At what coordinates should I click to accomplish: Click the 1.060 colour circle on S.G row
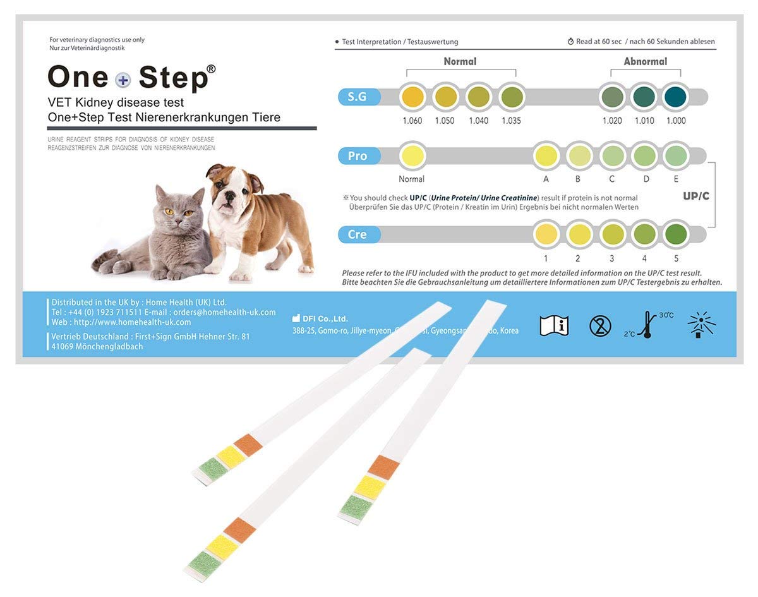pyautogui.click(x=412, y=97)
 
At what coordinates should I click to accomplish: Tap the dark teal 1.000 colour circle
pyautogui.click(x=675, y=97)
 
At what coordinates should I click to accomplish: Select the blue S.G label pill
pyautogui.click(x=358, y=97)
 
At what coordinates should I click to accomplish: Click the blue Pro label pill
pyautogui.click(x=358, y=156)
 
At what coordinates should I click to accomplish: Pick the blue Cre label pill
pyautogui.click(x=358, y=234)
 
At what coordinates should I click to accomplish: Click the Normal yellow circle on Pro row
pyautogui.click(x=412, y=156)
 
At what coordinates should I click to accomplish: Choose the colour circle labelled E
pyautogui.click(x=676, y=156)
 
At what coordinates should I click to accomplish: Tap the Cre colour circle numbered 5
pyautogui.click(x=676, y=234)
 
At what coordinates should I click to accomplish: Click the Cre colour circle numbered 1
pyautogui.click(x=546, y=234)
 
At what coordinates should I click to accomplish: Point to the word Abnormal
pyautogui.click(x=645, y=61)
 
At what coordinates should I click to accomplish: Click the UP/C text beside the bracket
pyautogui.click(x=695, y=196)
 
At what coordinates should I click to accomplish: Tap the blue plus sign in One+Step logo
pyautogui.click(x=123, y=79)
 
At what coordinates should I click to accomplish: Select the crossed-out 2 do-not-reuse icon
pyautogui.click(x=600, y=326)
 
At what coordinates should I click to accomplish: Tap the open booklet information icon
pyautogui.click(x=554, y=325)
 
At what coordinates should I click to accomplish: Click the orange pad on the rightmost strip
pyautogui.click(x=383, y=467)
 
